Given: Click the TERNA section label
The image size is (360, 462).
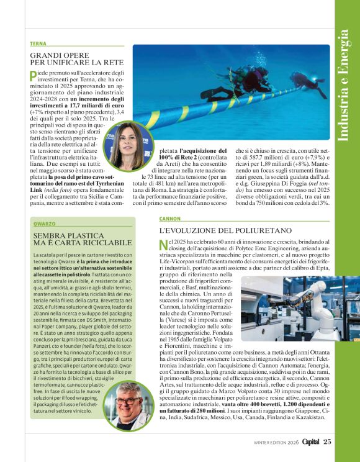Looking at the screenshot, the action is (37, 43).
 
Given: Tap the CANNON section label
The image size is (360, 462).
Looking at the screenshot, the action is (169, 219).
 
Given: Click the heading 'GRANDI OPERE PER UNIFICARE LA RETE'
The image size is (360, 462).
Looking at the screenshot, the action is (76, 59).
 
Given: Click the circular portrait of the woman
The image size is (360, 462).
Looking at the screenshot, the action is (128, 147).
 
